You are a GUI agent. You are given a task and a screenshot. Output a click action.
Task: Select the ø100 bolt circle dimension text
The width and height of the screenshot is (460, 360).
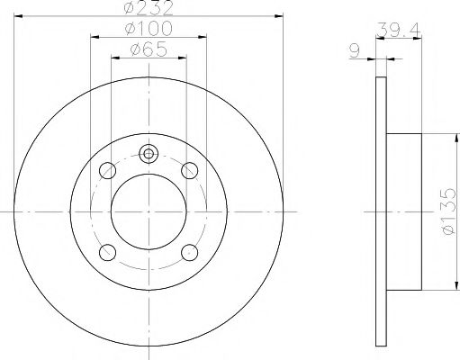149,30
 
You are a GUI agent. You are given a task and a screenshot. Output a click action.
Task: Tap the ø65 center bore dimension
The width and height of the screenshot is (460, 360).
149,49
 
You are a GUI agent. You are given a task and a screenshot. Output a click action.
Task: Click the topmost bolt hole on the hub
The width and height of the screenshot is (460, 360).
149,152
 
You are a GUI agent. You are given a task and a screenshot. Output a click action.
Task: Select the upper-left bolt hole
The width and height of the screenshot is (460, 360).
108,169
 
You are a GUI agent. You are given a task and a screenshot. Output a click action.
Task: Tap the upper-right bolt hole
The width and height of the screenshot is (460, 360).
189,169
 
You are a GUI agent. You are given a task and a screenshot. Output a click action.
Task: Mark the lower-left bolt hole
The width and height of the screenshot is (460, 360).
108,251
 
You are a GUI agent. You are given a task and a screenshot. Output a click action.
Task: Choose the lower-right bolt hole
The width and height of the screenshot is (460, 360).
189,251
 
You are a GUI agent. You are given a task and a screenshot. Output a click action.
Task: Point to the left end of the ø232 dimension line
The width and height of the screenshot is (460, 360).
16,17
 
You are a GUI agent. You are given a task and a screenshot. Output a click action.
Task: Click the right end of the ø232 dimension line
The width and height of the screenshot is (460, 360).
282,17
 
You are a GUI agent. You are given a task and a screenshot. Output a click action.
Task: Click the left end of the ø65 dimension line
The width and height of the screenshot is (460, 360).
111,58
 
